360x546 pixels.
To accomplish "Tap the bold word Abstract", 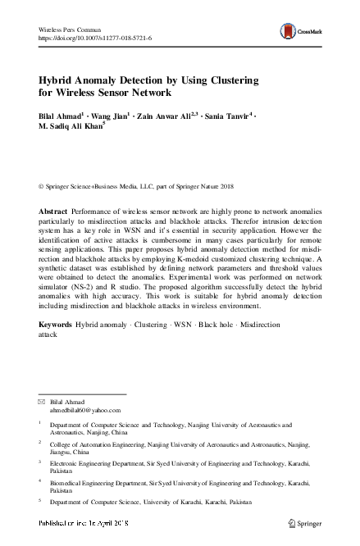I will [54, 212].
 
